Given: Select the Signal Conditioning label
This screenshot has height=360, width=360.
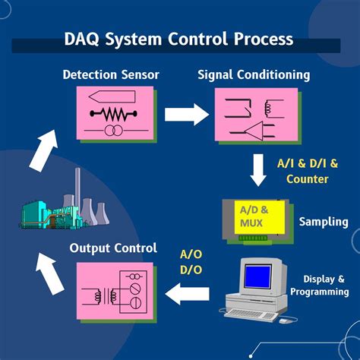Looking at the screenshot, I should tap(254, 74).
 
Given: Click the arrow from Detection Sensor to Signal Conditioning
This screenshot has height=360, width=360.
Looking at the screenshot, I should tap(186, 115).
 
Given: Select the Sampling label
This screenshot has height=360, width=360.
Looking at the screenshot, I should tap(324, 222).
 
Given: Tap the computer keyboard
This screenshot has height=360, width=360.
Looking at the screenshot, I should tap(251, 313).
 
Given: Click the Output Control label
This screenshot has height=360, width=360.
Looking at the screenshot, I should tap(114, 248).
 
